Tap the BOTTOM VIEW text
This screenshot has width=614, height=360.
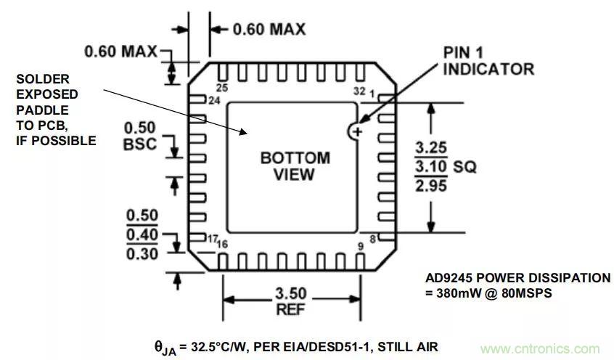pos(295,166)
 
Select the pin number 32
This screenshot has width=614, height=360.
pos(359,91)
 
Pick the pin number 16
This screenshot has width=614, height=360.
pos(223,245)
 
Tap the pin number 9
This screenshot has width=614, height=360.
pos(360,247)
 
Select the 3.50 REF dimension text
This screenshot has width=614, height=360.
pos(290,301)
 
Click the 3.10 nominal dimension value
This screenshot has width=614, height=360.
pos(431,167)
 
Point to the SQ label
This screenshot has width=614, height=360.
pos(464,167)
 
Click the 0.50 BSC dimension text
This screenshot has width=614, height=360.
pos(140,136)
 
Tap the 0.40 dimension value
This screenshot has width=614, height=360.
pos(142,235)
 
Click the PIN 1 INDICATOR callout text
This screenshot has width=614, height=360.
pos(488,62)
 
